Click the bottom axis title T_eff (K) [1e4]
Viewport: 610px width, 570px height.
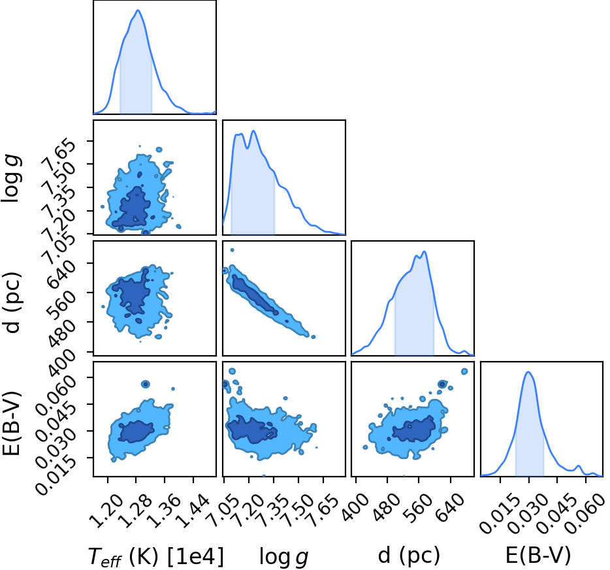[156, 556]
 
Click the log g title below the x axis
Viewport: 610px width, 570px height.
[284, 557]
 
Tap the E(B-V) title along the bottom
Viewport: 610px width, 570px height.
[538, 555]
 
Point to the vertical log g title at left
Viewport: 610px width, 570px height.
[12, 178]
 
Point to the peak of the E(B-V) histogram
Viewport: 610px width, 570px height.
[528, 372]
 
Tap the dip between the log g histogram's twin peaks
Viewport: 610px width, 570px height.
[247, 148]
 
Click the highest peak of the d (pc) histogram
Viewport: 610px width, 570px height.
[425, 251]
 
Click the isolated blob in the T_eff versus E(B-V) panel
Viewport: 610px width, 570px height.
[145, 384]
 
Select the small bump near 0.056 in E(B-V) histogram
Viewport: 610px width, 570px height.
[579, 466]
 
